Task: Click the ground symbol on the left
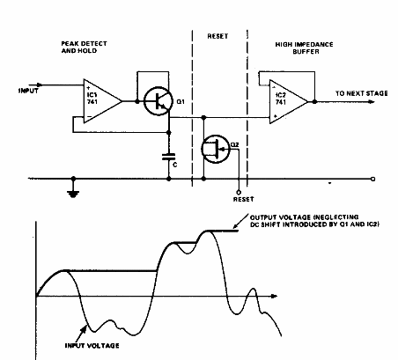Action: (x=72, y=187)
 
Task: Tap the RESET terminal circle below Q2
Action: (x=237, y=189)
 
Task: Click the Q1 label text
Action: (x=181, y=104)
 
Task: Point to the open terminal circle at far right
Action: (x=372, y=179)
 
